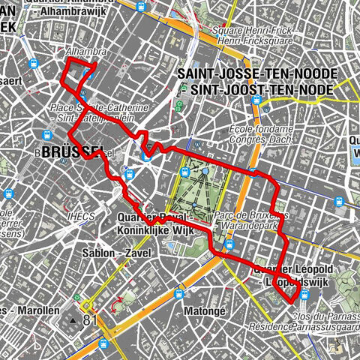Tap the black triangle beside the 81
73,321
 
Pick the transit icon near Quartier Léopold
304,296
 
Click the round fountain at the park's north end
205,172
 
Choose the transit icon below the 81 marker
103,343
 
